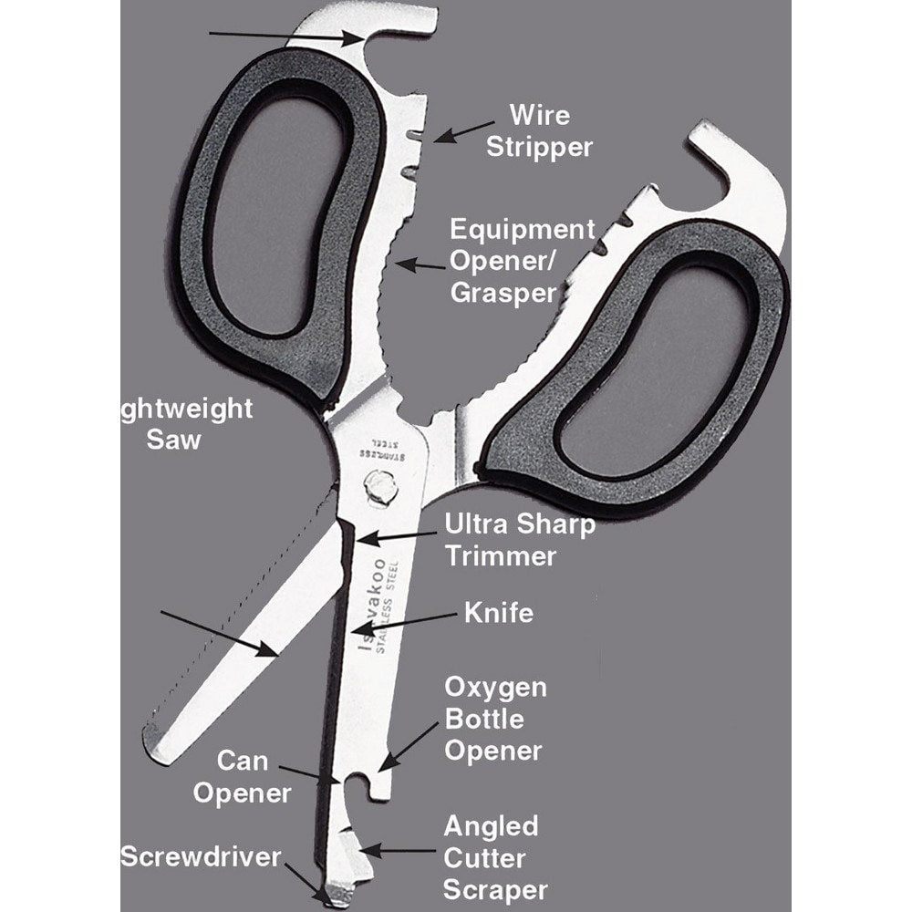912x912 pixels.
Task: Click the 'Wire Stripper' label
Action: (539, 130)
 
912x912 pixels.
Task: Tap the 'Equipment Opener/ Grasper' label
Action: (521, 260)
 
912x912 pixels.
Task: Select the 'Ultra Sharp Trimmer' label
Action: (519, 539)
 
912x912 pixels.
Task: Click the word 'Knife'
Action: (498, 612)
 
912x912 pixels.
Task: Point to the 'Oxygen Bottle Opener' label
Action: (494, 719)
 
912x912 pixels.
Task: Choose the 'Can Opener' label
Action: (254, 776)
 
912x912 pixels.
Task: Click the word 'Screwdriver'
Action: (201, 856)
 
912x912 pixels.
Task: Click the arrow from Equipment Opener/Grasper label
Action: (420, 264)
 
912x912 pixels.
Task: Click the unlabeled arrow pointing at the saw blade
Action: (218, 633)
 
